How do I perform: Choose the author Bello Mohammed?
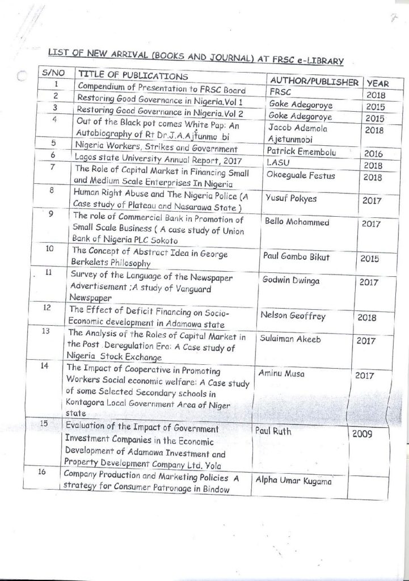tap(297, 222)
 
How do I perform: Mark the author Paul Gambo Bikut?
tap(296, 256)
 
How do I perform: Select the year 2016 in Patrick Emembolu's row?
tap(373, 154)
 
